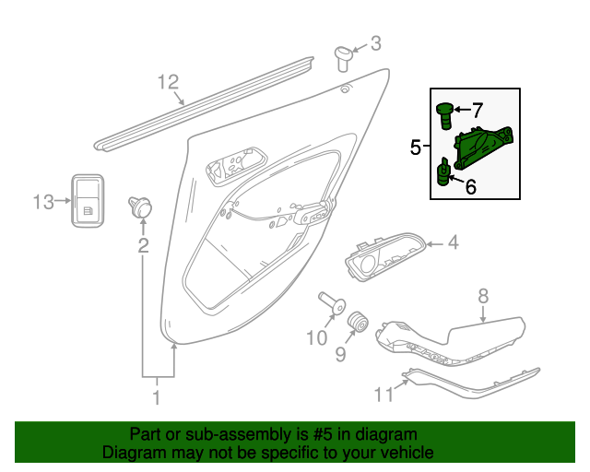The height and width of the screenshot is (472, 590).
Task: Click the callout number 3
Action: pyautogui.click(x=375, y=42)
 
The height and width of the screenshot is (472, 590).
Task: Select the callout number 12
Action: pyautogui.click(x=167, y=81)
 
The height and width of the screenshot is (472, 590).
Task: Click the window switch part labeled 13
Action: pyautogui.click(x=88, y=199)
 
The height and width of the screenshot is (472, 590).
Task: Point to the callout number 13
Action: pyautogui.click(x=44, y=200)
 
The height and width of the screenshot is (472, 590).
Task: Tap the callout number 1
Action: pyautogui.click(x=157, y=397)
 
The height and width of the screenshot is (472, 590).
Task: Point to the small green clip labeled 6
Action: pyautogui.click(x=443, y=172)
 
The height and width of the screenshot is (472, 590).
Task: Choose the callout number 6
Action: pyautogui.click(x=470, y=187)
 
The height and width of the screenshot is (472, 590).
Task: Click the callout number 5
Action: pyautogui.click(x=415, y=147)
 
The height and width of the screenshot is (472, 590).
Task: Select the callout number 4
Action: pyautogui.click(x=453, y=243)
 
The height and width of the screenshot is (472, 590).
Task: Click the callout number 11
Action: pyautogui.click(x=383, y=395)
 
